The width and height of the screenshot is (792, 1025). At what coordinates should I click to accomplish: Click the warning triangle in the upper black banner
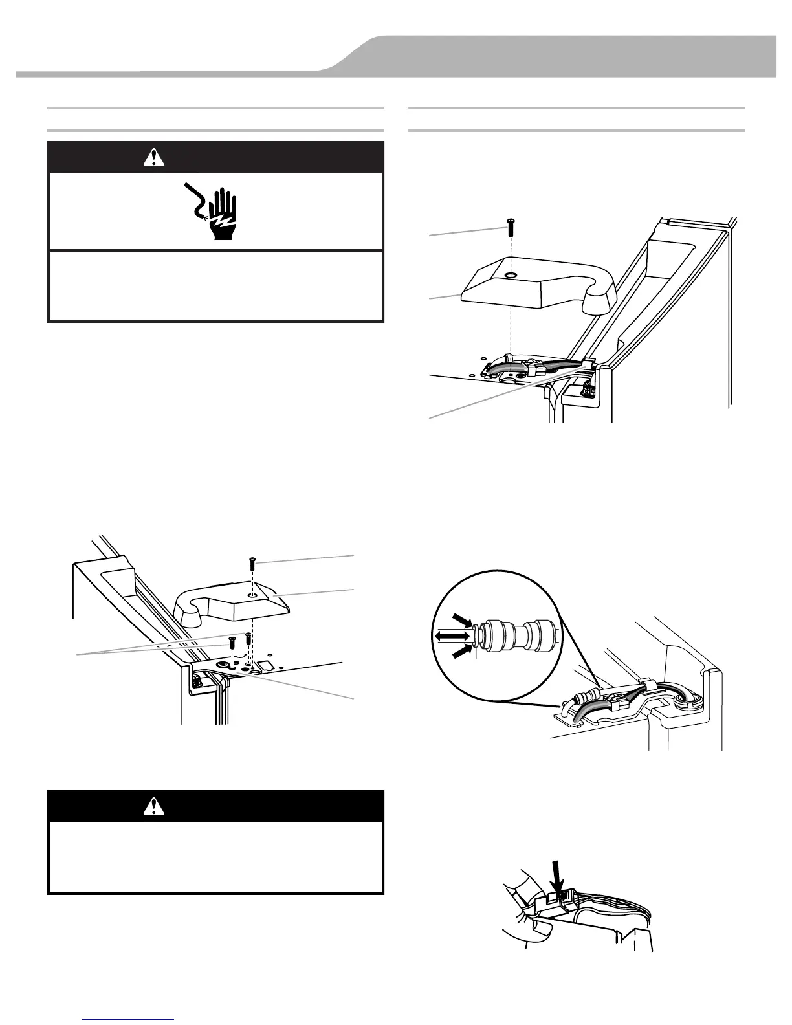154,157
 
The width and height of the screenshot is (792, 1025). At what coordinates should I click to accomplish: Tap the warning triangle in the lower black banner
154,806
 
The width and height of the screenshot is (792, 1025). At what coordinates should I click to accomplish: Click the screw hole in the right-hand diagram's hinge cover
511,276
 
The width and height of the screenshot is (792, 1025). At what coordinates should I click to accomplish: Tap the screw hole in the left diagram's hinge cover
252,594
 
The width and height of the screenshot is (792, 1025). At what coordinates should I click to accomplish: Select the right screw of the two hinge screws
248,638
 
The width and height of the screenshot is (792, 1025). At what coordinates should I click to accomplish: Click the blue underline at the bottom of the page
129,1020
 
